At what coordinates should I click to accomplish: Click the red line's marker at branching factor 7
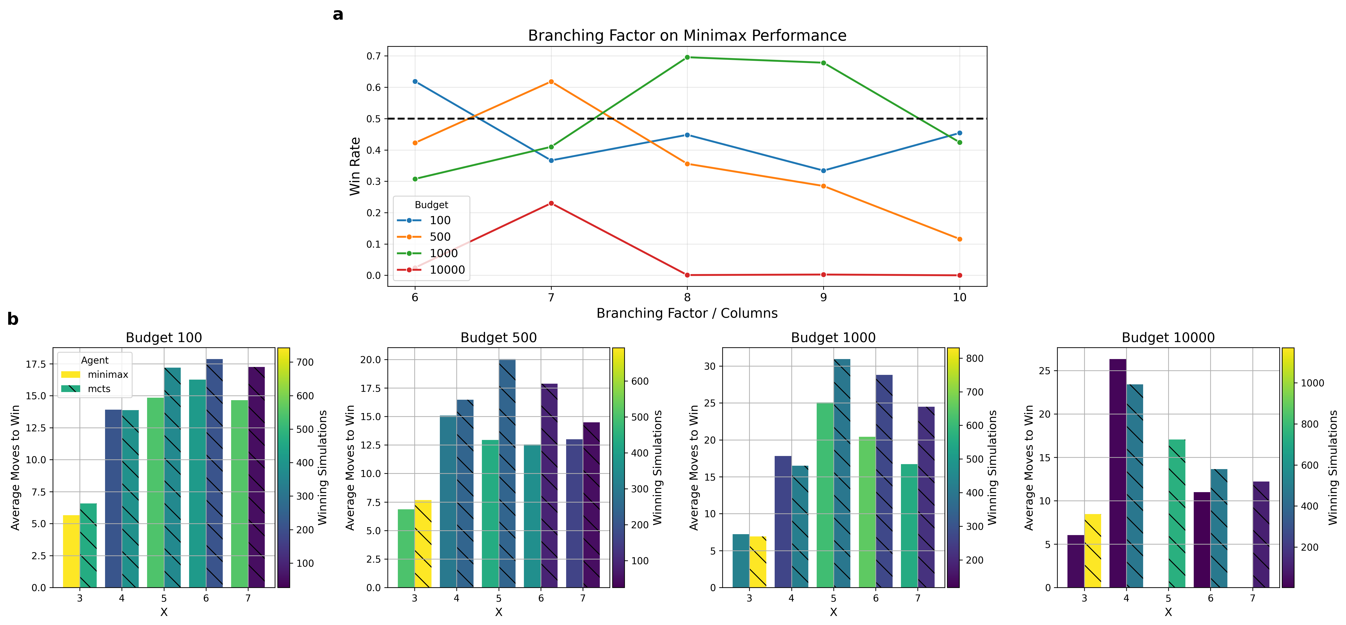point(551,203)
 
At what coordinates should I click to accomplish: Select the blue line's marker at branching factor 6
point(415,82)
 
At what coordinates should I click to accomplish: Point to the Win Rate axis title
point(355,166)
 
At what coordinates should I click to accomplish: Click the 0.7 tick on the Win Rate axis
point(373,56)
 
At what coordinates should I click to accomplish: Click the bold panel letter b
point(13,319)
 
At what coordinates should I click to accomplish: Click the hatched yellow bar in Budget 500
point(423,543)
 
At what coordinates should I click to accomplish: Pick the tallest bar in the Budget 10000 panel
point(1118,473)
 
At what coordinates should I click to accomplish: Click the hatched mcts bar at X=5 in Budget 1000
point(842,473)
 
